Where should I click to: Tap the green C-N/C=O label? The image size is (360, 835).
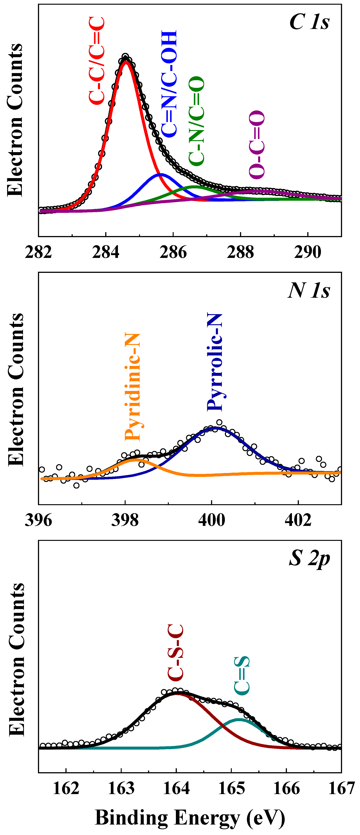196,121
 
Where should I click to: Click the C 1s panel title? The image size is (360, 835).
309,22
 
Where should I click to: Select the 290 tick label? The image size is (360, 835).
307,252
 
